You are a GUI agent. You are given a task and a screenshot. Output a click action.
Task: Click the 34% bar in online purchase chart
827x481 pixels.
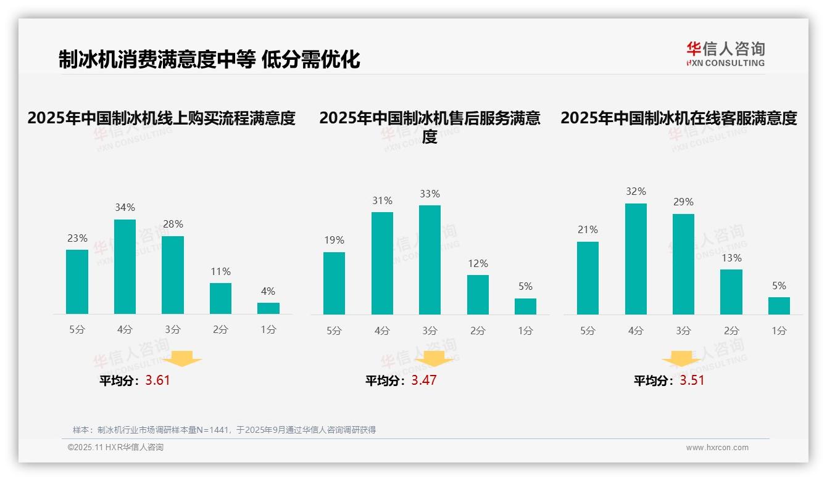(x=125, y=266)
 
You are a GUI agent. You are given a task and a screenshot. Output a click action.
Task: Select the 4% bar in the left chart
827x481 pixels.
(x=268, y=308)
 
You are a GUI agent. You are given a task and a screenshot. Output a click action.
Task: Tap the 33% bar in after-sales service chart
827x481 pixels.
(x=430, y=260)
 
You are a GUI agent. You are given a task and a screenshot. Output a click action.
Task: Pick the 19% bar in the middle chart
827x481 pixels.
(x=334, y=283)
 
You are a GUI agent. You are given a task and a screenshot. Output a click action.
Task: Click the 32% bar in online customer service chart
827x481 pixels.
(x=636, y=259)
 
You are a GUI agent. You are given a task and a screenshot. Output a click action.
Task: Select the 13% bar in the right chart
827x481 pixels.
(x=731, y=292)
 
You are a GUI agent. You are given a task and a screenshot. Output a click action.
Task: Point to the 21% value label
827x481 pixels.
(x=587, y=229)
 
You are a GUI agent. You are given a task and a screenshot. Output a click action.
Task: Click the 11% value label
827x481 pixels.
(x=220, y=271)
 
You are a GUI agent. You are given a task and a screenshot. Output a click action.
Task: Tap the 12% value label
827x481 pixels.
(x=478, y=263)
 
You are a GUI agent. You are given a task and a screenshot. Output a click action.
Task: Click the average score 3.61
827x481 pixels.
(x=157, y=380)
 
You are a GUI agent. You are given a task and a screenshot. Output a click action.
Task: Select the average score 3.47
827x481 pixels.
(x=424, y=380)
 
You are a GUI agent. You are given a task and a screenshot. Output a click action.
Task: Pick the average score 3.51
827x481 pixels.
(x=692, y=380)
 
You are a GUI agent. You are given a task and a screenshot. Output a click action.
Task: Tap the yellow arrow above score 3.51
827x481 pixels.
(x=681, y=359)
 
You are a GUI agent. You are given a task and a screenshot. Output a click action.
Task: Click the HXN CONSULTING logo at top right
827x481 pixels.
(x=725, y=54)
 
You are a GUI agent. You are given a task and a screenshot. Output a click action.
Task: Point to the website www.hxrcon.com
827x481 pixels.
(x=717, y=448)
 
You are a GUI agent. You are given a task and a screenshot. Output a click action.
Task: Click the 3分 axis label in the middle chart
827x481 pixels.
(x=430, y=331)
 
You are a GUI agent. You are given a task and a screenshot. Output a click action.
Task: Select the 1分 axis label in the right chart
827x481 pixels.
(x=779, y=331)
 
